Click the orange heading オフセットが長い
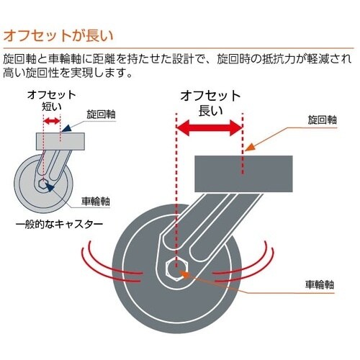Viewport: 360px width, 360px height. click(58, 35)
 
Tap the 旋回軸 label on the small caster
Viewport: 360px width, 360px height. click(101, 114)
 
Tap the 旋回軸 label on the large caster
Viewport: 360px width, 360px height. click(323, 120)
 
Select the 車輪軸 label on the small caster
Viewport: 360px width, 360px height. click(96, 201)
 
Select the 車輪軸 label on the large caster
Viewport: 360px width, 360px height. click(320, 284)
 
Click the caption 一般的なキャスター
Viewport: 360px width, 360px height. click(59, 225)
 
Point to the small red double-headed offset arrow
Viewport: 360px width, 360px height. click(52, 121)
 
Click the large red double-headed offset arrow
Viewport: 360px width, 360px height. click(210, 127)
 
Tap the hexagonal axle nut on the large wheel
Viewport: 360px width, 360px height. click(177, 269)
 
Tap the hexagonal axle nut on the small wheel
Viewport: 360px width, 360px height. click(43, 184)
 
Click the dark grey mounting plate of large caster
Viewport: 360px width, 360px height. click(243, 174)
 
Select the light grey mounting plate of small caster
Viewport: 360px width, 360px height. click(60, 141)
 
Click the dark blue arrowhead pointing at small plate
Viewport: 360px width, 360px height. click(66, 128)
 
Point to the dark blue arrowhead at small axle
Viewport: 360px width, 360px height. click(50, 187)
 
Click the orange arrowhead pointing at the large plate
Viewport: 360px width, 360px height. click(249, 147)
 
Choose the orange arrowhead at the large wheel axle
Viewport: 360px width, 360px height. click(185, 274)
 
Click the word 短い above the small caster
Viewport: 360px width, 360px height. click(52, 107)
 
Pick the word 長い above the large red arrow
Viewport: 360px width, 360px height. click(210, 111)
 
